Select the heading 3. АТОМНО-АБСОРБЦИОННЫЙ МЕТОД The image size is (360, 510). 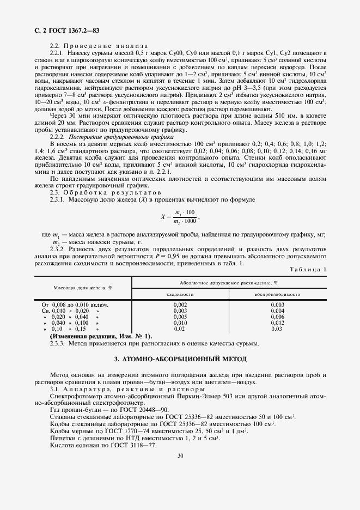[180, 359]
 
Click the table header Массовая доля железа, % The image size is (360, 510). [83, 288]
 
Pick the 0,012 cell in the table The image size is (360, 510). [277, 323]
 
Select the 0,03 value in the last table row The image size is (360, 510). [277, 329]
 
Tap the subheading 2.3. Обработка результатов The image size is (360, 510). [97, 192]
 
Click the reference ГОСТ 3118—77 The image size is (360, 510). [131, 445]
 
